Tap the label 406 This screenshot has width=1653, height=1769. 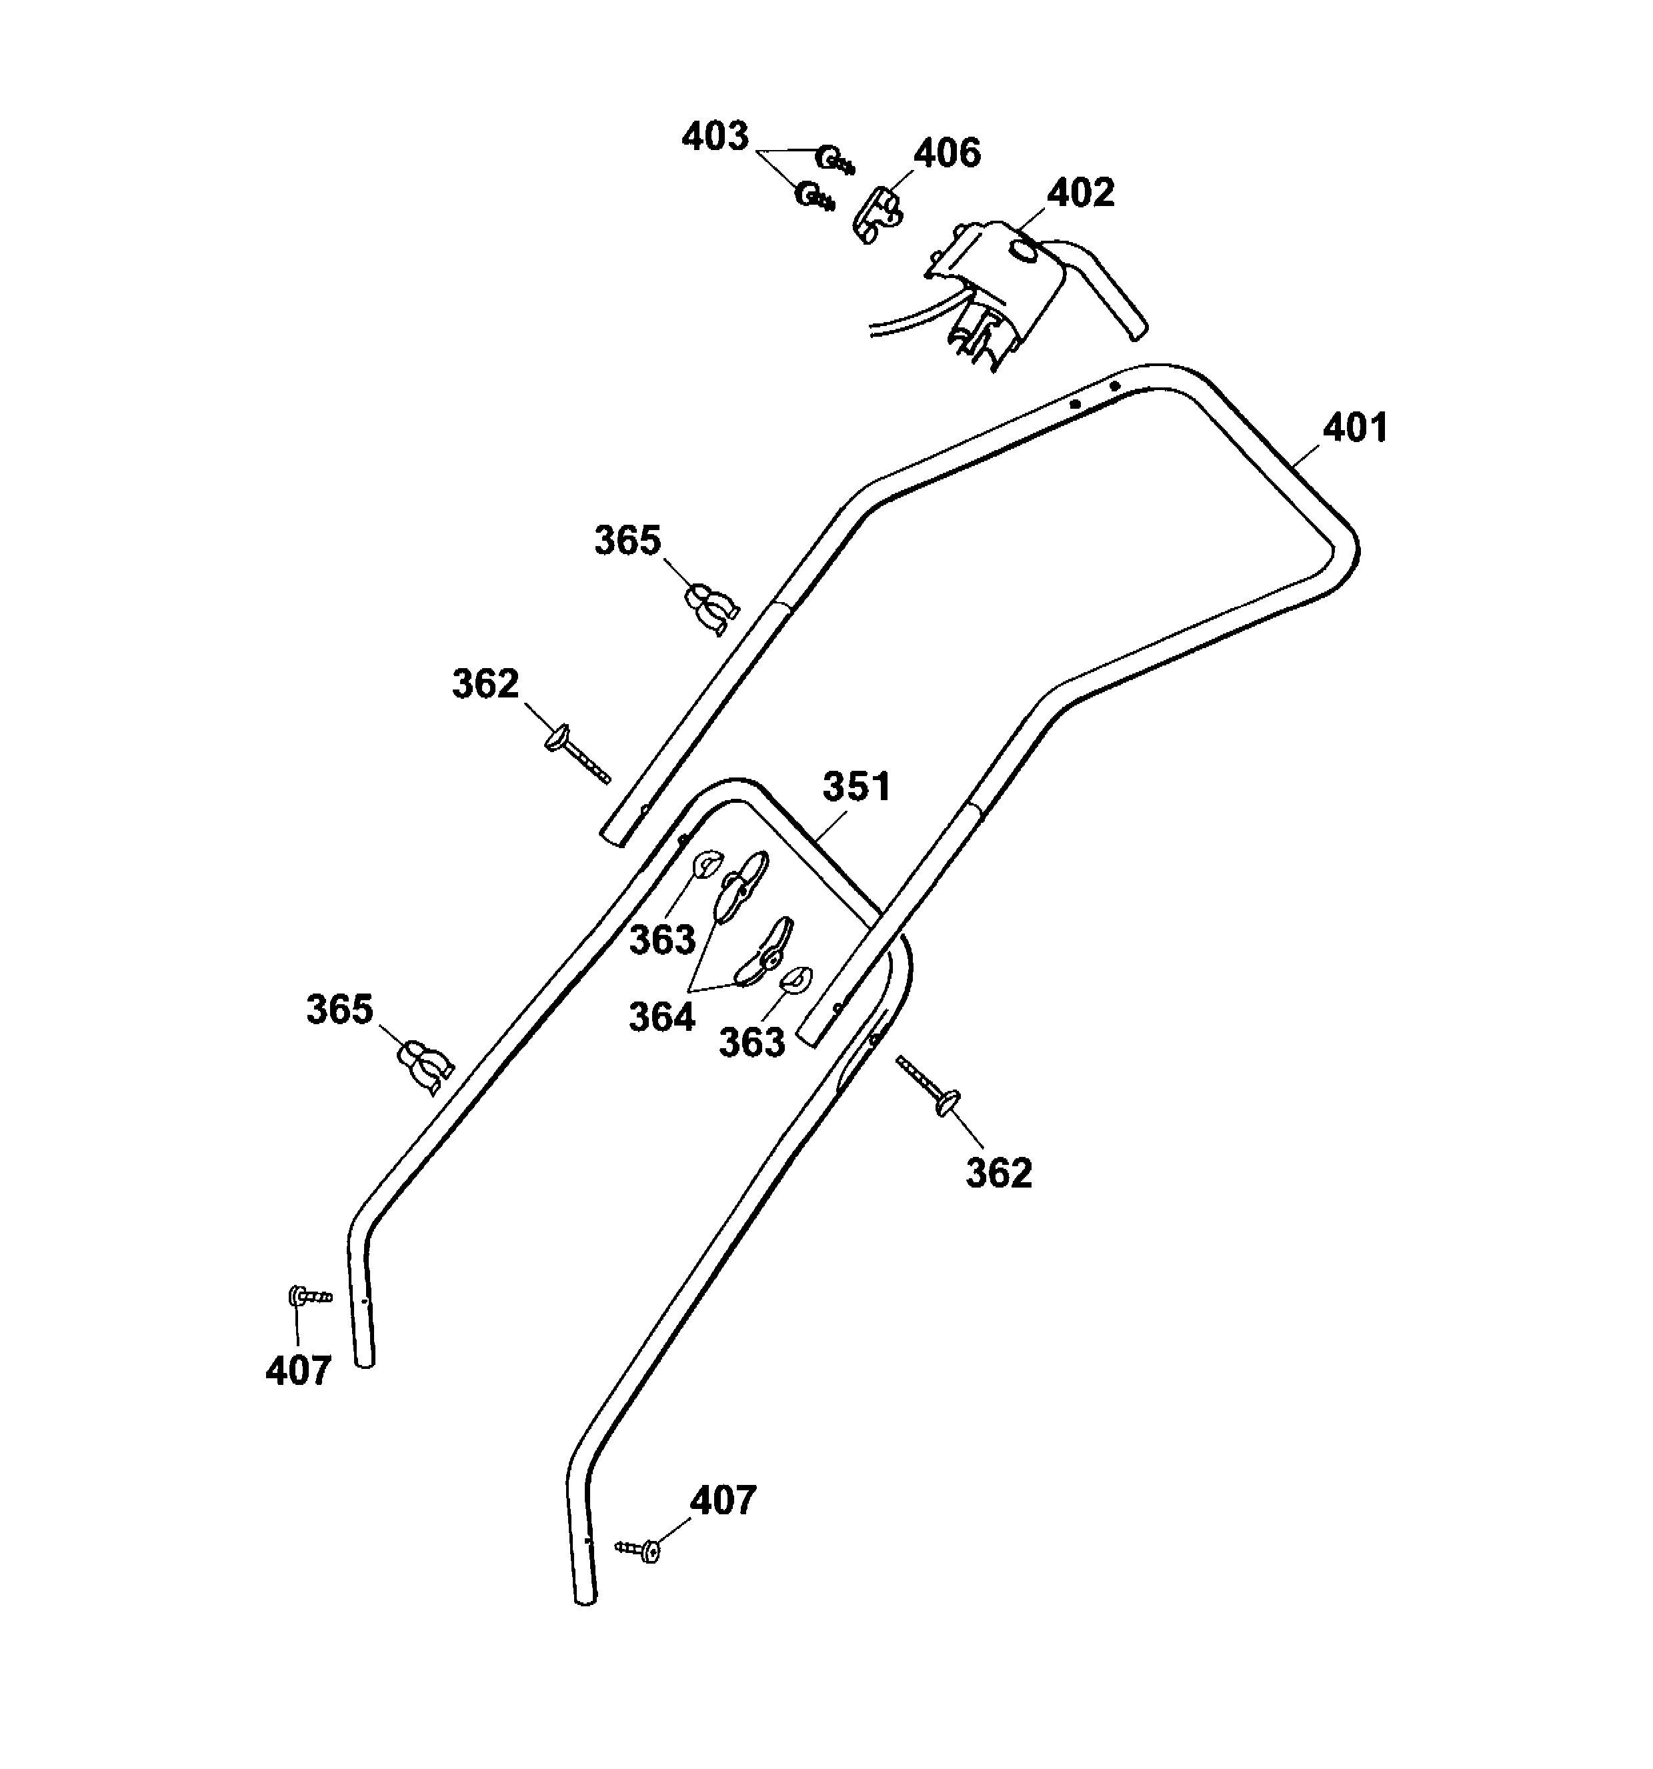[948, 153]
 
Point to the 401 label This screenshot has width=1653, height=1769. [1355, 428]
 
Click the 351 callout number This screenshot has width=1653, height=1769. [856, 787]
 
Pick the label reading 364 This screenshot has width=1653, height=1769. [661, 1017]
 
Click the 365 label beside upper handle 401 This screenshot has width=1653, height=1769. [627, 540]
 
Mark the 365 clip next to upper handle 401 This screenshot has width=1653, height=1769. [711, 609]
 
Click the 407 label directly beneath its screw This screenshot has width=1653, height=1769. [298, 1370]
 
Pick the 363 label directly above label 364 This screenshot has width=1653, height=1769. [662, 940]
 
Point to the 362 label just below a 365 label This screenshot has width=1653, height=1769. [485, 683]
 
